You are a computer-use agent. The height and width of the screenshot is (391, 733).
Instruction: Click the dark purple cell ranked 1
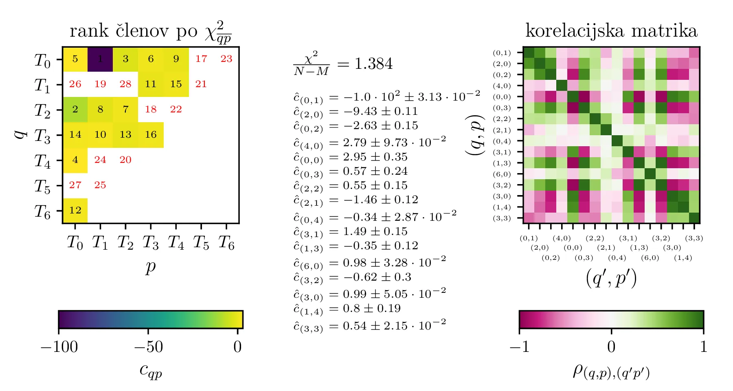pos(100,59)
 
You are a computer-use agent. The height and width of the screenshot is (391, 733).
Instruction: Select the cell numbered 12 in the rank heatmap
pos(75,211)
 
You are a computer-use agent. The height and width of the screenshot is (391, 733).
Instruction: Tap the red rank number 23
pos(226,59)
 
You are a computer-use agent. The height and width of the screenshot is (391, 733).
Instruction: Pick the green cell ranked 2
pos(75,110)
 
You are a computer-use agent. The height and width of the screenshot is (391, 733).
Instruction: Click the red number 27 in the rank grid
pos(75,185)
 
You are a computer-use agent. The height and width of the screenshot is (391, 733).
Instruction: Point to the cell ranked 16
pos(151,135)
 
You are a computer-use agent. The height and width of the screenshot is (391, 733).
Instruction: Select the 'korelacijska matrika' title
pos(611,31)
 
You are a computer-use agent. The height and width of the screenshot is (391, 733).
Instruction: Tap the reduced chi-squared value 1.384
pos(373,64)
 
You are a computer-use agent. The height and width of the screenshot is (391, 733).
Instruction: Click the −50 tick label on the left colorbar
pos(148,347)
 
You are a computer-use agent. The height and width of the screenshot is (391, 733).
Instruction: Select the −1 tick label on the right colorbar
pos(519,347)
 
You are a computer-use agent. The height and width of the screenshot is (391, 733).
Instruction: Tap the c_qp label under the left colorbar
pos(150,370)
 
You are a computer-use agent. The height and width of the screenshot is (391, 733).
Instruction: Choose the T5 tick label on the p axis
pos(201,243)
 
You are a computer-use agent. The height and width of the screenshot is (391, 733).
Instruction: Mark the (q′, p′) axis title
pos(611,279)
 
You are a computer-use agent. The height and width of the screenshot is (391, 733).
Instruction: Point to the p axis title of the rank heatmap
pos(151,268)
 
